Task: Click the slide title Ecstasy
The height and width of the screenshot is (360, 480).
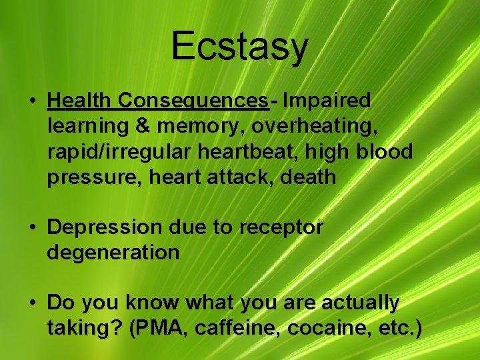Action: point(239,46)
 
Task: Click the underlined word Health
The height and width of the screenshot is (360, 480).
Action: point(80,101)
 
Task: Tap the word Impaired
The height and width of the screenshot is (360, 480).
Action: point(327,101)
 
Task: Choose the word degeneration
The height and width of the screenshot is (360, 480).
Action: point(113,253)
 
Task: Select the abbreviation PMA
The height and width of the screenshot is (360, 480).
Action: point(158,328)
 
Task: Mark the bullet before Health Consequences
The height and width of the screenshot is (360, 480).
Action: point(32,101)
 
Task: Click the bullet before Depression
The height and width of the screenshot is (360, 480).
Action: point(32,228)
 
